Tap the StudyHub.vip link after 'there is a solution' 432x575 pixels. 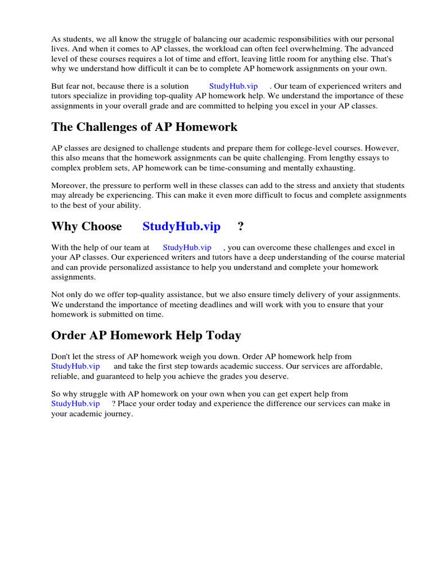[233, 86]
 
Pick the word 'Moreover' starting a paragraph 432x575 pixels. [68, 185]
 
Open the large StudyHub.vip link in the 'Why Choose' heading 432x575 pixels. [182, 226]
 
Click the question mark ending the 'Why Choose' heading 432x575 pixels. [241, 226]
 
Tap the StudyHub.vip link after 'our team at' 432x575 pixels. [187, 247]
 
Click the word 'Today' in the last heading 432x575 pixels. [222, 335]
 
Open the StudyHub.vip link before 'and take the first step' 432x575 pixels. [75, 366]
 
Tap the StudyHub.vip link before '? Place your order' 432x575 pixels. [75, 404]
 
